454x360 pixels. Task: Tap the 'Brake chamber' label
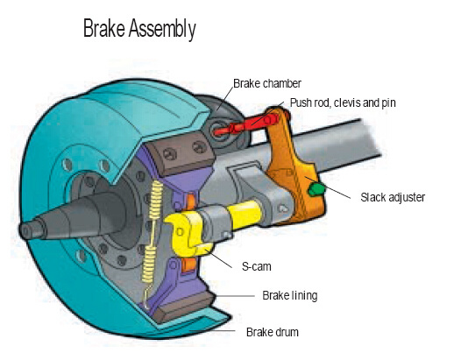(x=265, y=85)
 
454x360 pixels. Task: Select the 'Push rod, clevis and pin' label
(x=343, y=102)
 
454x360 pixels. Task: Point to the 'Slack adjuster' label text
(x=392, y=198)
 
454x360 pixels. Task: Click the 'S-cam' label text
(x=257, y=265)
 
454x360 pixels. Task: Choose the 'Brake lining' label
(x=289, y=295)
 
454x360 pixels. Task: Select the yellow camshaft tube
(x=241, y=214)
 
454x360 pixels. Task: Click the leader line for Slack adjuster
(x=342, y=194)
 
